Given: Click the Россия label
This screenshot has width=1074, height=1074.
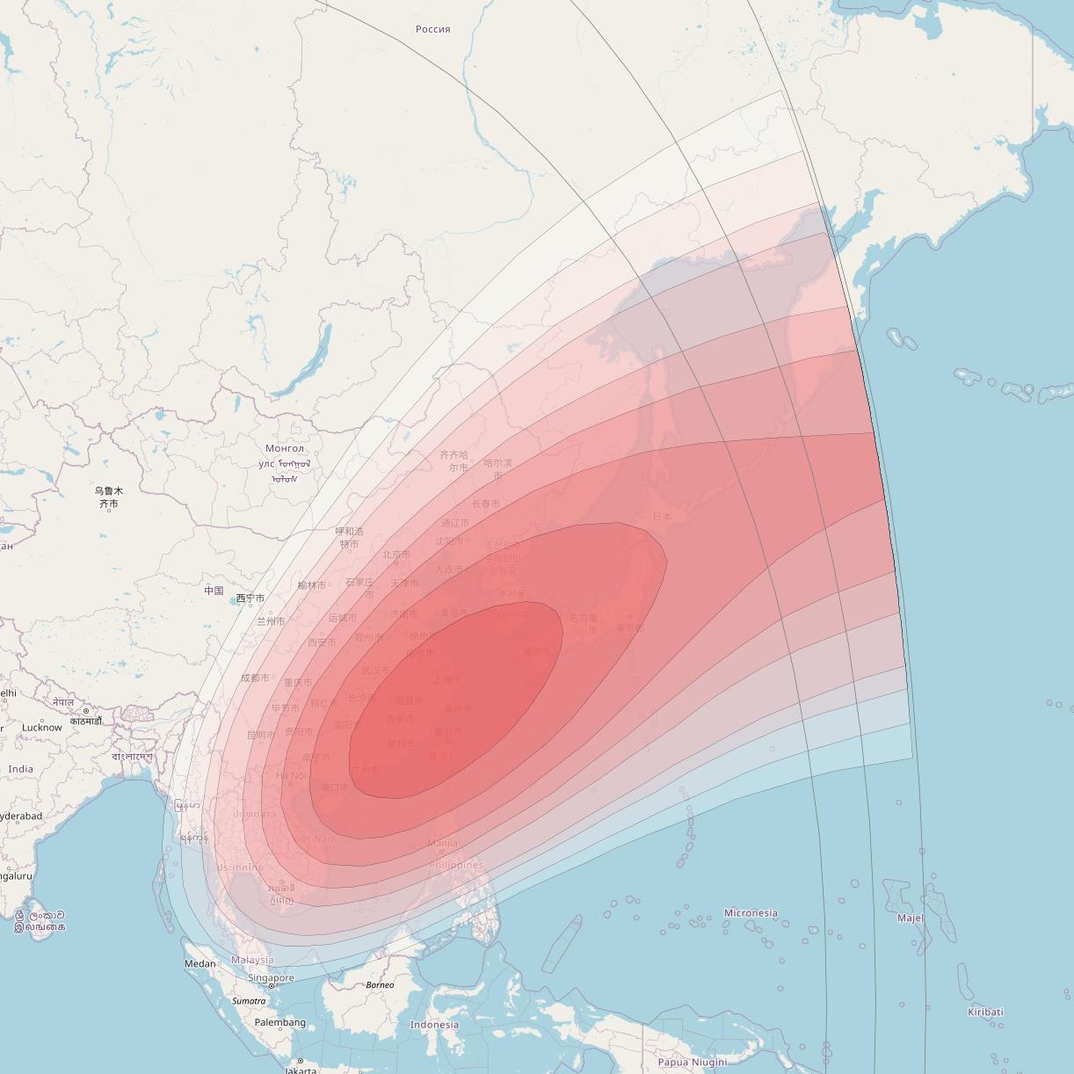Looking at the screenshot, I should click(432, 29).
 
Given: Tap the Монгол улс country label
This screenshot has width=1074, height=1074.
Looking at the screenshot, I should click(283, 456).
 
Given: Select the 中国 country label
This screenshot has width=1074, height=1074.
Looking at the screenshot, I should click(214, 591).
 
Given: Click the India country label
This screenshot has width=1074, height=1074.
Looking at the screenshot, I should click(20, 769).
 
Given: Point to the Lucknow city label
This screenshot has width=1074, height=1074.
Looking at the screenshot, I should click(42, 728).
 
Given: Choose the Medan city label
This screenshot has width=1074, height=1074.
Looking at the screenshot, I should click(200, 963).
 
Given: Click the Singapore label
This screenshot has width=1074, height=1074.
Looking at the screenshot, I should click(271, 978).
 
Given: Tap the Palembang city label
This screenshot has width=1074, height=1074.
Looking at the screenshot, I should click(279, 1022).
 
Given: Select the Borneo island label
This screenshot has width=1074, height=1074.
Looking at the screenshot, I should click(380, 985).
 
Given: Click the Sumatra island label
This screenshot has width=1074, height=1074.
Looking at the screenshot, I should click(249, 1001).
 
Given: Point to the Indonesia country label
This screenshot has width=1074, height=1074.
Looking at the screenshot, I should click(434, 1025).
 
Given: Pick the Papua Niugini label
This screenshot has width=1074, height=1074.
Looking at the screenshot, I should click(693, 1062).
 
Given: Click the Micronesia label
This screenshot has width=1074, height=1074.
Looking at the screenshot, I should click(751, 913).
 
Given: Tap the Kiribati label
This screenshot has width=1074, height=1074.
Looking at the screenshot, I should click(985, 1012).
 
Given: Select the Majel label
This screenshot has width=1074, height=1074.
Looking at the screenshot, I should click(911, 918).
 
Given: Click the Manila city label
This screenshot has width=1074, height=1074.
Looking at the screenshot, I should click(442, 844).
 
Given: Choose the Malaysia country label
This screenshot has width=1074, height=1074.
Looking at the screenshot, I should click(252, 961).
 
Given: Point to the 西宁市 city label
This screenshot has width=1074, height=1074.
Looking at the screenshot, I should click(250, 599).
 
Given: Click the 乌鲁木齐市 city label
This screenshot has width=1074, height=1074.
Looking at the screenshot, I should click(109, 497).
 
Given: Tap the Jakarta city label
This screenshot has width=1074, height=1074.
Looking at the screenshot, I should click(300, 1070).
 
